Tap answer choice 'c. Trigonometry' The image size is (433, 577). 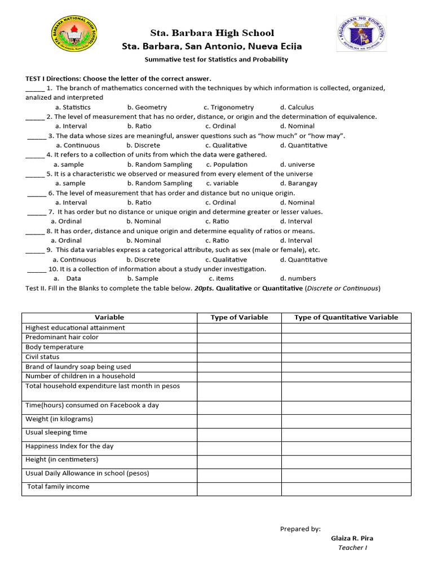(x=228, y=107)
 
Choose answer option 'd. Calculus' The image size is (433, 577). (x=297, y=107)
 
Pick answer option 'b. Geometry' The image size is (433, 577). (x=147, y=107)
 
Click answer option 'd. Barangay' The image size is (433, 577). (x=298, y=183)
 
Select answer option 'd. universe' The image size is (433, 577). (x=297, y=165)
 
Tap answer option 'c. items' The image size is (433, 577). (x=220, y=278)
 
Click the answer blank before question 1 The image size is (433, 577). (x=35, y=88)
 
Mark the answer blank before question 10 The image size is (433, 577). (x=37, y=269)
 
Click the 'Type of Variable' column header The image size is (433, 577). (x=239, y=317)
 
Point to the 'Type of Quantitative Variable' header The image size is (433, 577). (x=346, y=317)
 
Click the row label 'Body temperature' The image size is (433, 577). (x=54, y=347)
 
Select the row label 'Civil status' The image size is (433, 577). (x=42, y=357)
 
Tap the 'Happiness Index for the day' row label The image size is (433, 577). (x=69, y=446)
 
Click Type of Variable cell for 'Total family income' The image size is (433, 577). (x=239, y=489)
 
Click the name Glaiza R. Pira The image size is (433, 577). (x=352, y=538)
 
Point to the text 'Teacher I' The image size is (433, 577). (x=352, y=548)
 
